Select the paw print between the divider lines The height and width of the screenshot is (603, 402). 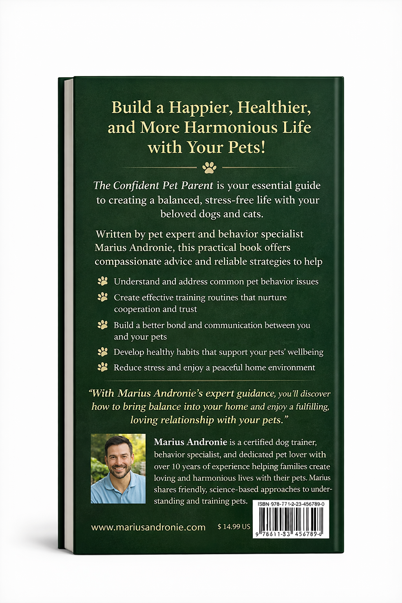pyautogui.click(x=209, y=168)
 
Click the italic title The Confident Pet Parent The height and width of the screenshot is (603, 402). pyautogui.click(x=153, y=185)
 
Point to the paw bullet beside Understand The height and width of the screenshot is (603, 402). pyautogui.click(x=102, y=281)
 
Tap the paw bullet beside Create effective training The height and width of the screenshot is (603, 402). pyautogui.click(x=102, y=297)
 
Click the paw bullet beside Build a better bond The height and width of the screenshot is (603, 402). pyautogui.click(x=102, y=325)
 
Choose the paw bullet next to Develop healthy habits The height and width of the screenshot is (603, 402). pyautogui.click(x=102, y=352)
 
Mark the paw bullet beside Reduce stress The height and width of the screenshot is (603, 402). pyautogui.click(x=102, y=367)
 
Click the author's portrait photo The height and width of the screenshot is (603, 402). pyautogui.click(x=118, y=468)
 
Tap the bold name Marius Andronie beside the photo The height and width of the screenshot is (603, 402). pyautogui.click(x=190, y=442)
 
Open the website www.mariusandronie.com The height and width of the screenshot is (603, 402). pyautogui.click(x=148, y=527)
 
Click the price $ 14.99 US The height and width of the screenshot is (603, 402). pyautogui.click(x=234, y=527)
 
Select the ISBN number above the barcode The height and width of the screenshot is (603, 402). pyautogui.click(x=291, y=504)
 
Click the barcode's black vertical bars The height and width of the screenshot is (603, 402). pyautogui.click(x=291, y=519)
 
